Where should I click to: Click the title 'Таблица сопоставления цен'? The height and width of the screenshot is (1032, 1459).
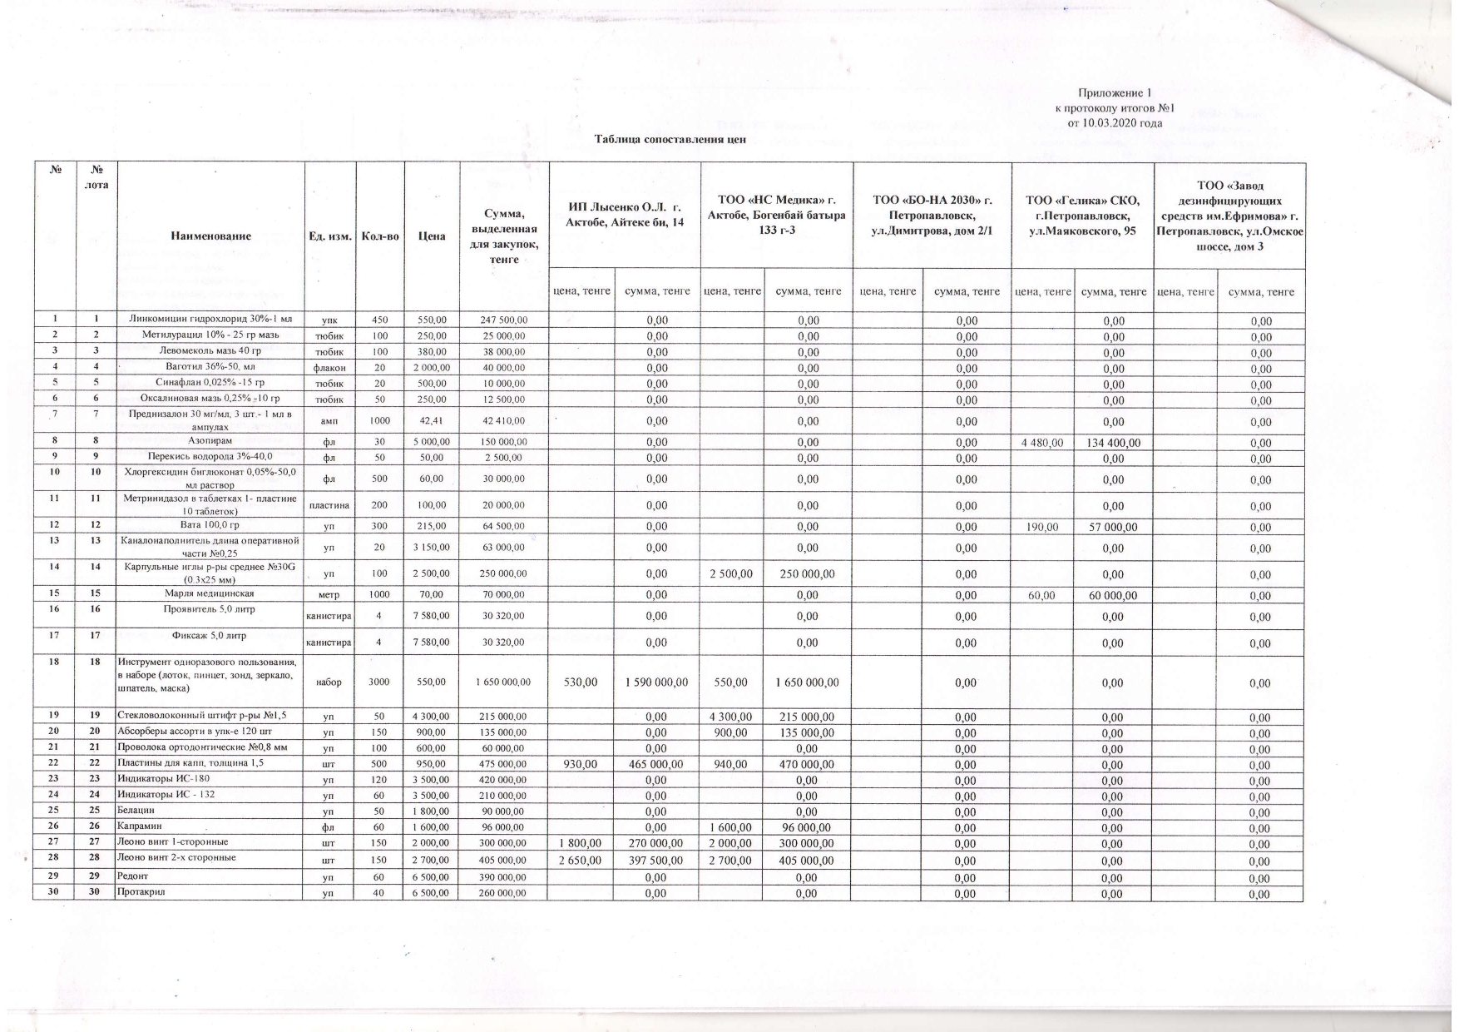pyautogui.click(x=670, y=139)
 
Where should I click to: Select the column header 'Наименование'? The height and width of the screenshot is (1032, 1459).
pyautogui.click(x=210, y=236)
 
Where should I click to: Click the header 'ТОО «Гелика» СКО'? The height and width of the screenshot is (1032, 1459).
pyautogui.click(x=1081, y=215)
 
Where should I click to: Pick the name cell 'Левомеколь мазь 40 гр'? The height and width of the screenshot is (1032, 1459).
pyautogui.click(x=210, y=351)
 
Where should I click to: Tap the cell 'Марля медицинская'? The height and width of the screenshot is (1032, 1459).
pyautogui.click(x=210, y=593)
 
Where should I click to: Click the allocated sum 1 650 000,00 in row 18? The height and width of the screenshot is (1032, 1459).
pyautogui.click(x=502, y=682)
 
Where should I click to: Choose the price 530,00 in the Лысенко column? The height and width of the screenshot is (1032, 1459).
pyautogui.click(x=581, y=682)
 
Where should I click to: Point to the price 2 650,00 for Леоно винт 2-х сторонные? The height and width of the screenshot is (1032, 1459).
pyautogui.click(x=581, y=857)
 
